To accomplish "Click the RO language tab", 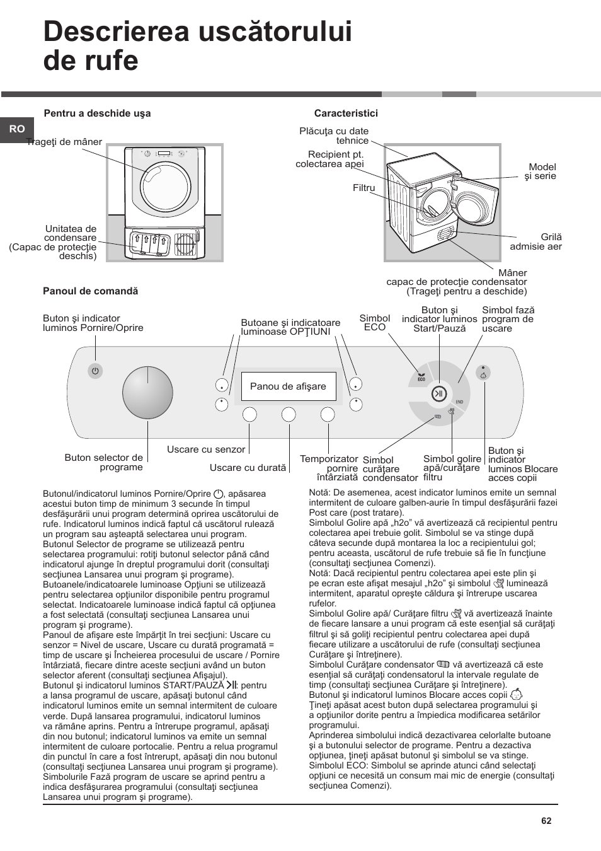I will tap(17, 129).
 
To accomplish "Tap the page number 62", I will tap(546, 821).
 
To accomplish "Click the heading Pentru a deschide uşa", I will tap(97, 113).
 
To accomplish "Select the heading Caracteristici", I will tap(346, 113).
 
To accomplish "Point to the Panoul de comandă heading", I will tap(90, 291).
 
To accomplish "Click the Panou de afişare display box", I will tap(288, 386).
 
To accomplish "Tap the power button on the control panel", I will tap(95, 371).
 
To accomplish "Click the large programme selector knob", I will tap(147, 392).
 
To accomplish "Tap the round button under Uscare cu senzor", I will tap(249, 414).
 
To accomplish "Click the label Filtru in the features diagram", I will tap(363, 188).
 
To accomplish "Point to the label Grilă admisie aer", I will tap(535, 241).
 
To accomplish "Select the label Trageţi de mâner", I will tap(64, 142).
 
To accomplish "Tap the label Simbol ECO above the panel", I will tap(374, 323).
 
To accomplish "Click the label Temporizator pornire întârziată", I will tap(329, 468).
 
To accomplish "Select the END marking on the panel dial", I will tap(459, 402).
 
